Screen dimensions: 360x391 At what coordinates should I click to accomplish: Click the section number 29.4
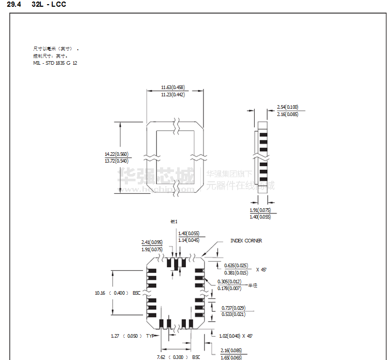click(14, 5)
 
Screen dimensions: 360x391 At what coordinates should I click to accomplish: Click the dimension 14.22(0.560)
click(116, 154)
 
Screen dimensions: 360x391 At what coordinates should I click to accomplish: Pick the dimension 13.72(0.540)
click(116, 161)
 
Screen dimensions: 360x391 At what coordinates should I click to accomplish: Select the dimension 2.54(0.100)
click(287, 107)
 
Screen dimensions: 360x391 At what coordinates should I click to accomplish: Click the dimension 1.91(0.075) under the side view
click(260, 210)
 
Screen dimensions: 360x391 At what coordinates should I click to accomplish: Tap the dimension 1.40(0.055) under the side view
click(260, 217)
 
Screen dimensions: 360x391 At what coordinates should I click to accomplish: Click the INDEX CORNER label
click(246, 241)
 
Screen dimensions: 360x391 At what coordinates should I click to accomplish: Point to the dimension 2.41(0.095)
click(152, 242)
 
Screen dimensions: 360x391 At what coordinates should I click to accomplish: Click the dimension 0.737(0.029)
click(233, 307)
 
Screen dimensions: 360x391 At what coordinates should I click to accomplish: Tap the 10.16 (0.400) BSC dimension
click(117, 293)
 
